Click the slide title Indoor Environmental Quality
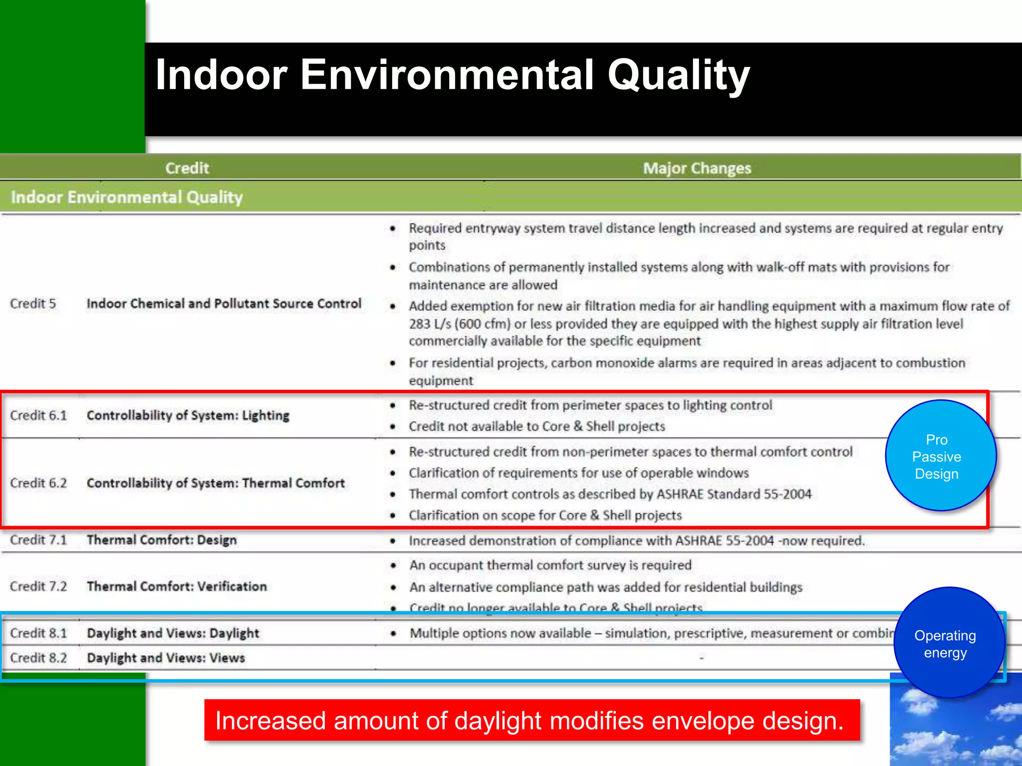coord(452,75)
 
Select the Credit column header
coord(187,168)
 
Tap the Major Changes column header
coord(697,168)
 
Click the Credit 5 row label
coord(33,304)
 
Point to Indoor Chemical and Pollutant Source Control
coord(224,304)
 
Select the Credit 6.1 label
coord(38,415)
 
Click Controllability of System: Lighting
coord(188,415)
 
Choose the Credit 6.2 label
coord(38,483)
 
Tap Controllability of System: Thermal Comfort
coord(216,483)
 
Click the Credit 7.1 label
coord(38,540)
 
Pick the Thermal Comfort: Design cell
coord(162,540)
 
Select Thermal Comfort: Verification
coord(177,586)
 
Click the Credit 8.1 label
coord(38,633)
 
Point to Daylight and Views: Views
coord(166,658)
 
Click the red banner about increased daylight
coord(532,721)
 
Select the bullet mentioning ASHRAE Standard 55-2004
coord(610,494)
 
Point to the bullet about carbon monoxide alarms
coord(687,371)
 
